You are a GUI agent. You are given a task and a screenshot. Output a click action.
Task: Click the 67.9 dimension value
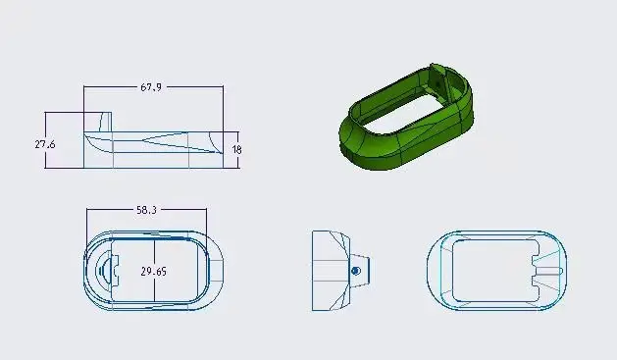[x=151, y=87]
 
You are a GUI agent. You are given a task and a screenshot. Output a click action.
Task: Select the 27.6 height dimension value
[x=45, y=144]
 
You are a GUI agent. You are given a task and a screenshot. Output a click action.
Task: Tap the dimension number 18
[x=236, y=149]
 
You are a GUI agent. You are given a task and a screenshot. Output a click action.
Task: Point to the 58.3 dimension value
[x=146, y=210]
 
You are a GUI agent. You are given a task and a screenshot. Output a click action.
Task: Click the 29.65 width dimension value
[x=153, y=272]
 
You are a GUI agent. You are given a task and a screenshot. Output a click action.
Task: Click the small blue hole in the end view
[x=355, y=271]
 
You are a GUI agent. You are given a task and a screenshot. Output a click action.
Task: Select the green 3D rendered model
[x=406, y=117]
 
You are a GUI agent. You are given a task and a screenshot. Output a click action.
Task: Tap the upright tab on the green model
[x=437, y=78]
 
